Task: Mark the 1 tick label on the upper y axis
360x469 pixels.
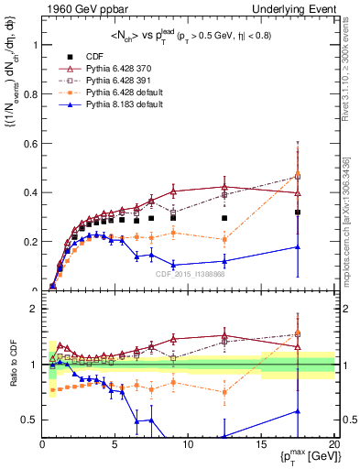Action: click(33, 44)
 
